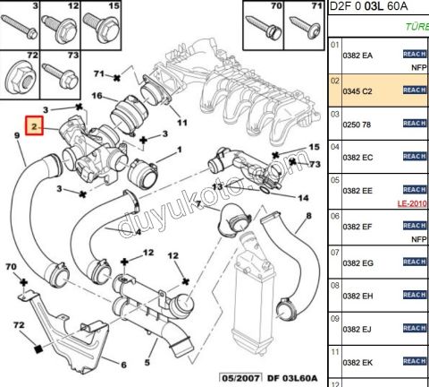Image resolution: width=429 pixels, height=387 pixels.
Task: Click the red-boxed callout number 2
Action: [x=36, y=128]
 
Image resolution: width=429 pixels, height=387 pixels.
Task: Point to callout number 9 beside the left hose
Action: [x=16, y=136]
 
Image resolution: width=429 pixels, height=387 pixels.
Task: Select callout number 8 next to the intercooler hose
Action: [x=309, y=216]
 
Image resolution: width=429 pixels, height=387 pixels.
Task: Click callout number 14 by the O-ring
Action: [x=303, y=198]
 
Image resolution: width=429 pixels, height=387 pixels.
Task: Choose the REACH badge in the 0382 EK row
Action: [x=414, y=360]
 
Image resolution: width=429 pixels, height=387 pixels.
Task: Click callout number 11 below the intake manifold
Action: [x=182, y=122]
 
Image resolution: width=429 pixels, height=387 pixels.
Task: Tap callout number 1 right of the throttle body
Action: [x=180, y=150]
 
